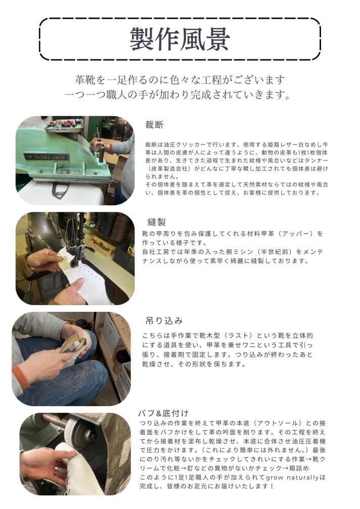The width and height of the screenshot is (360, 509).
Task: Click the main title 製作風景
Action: click(180, 39)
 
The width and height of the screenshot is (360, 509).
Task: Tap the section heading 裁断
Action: click(154, 125)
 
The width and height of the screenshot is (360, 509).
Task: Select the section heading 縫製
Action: click(157, 222)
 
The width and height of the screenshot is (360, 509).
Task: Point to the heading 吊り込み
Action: click(164, 321)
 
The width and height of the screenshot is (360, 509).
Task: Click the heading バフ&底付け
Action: click(163, 413)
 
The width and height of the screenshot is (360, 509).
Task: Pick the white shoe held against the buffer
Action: click(78, 468)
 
